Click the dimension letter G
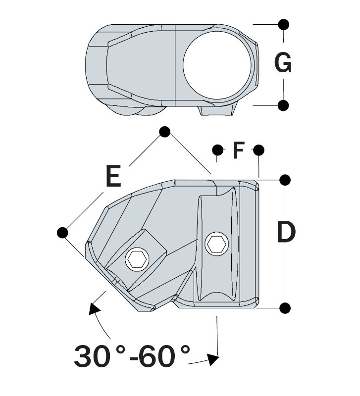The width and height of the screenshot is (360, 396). [283, 64]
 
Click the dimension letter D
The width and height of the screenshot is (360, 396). [286, 232]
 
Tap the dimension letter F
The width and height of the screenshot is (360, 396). [239, 150]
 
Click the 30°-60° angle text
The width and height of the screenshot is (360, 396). [132, 355]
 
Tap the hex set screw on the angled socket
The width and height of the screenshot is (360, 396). [136, 258]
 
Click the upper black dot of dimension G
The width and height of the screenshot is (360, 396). [284, 24]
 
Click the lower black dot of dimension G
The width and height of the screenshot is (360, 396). [284, 105]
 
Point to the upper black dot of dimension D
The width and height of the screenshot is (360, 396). [285, 179]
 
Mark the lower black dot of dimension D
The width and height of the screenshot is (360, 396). [285, 308]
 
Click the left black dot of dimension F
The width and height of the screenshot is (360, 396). [217, 149]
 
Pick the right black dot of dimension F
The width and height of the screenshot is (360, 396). [258, 149]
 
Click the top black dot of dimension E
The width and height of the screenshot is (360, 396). [165, 132]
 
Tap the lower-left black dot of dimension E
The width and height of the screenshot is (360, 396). [63, 232]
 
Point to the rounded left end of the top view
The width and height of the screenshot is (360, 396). [92, 64]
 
